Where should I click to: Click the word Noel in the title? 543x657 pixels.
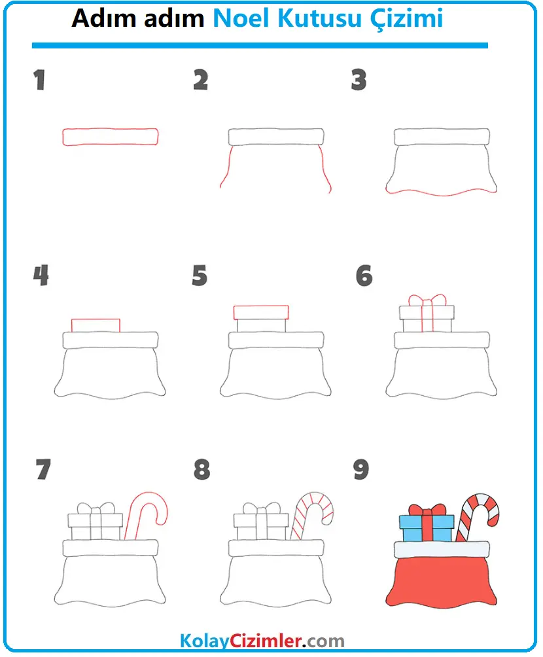coord(241,18)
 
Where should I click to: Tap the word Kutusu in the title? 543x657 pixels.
coord(319,18)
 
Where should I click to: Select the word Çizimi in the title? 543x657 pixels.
coord(406,19)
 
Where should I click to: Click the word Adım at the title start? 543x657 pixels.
coord(103,18)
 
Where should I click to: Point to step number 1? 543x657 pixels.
coord(39,80)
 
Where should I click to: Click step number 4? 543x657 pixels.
coord(41,275)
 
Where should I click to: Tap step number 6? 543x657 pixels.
coord(364,275)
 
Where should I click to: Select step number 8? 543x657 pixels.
coord(202,469)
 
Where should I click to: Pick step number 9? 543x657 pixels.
coord(361,469)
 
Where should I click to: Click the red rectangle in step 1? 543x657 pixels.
coord(110,137)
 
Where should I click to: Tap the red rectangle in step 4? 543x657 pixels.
coord(96,326)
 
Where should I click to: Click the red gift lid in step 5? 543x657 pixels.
coord(261,313)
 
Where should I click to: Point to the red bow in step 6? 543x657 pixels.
coord(427,300)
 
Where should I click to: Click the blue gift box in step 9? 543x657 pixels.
coord(427,528)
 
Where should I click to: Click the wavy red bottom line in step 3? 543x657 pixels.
coord(441,193)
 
